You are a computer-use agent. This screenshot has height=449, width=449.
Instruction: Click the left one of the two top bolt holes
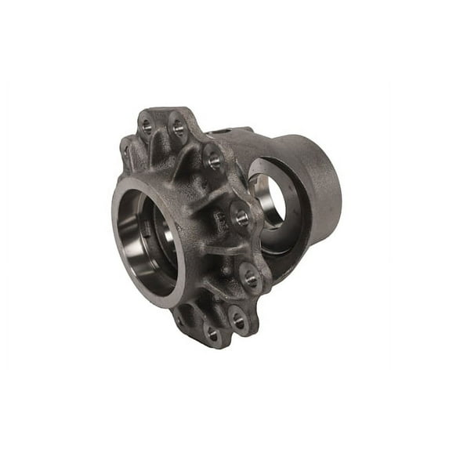[147, 124]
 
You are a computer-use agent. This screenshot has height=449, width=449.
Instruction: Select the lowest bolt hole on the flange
[212, 333]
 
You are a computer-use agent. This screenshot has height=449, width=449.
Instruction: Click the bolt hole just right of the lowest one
[238, 320]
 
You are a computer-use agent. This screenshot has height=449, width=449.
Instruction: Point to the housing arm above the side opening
[259, 145]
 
